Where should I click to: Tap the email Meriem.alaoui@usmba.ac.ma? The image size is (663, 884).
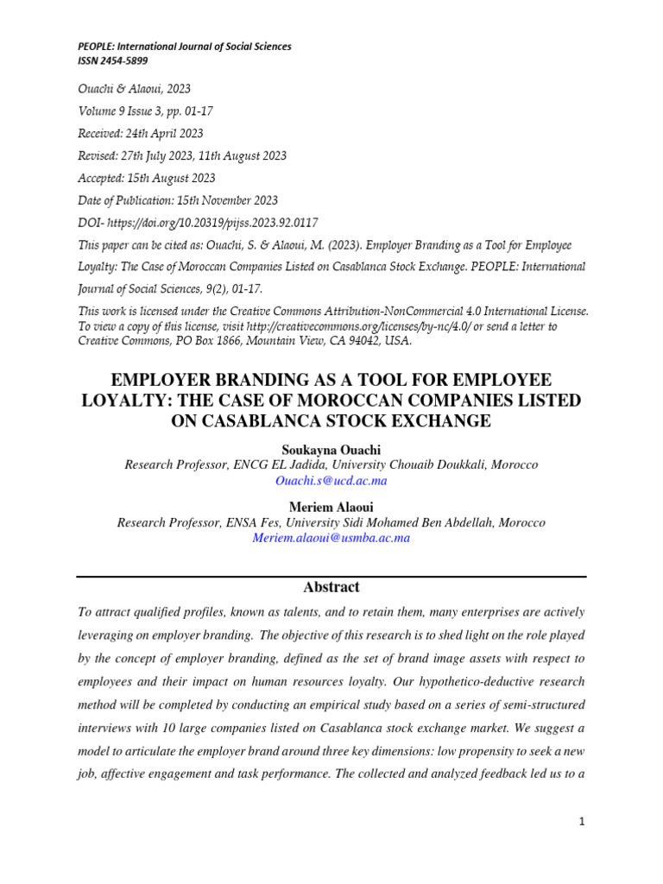(x=331, y=538)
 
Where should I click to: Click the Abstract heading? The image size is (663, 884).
(x=331, y=587)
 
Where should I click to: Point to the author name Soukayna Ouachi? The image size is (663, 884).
(x=331, y=450)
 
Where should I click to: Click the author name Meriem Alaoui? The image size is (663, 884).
(x=331, y=508)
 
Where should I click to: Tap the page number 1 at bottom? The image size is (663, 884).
(x=583, y=823)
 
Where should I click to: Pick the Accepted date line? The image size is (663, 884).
(x=147, y=178)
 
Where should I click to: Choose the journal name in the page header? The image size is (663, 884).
(x=185, y=47)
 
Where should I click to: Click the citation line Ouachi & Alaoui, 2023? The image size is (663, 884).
(x=134, y=88)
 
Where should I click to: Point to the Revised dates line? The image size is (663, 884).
(x=182, y=155)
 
